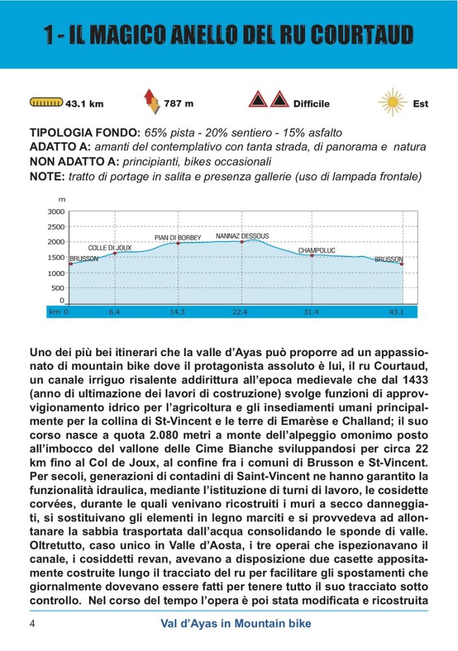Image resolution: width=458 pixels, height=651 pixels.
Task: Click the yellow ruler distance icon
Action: coord(46,103)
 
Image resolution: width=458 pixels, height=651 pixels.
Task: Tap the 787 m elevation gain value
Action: coord(178,103)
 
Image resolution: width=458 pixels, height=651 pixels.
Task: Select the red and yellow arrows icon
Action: coord(150,102)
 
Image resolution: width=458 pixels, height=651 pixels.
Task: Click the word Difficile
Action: coord(311,104)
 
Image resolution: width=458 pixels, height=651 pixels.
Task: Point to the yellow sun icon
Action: coord(392,102)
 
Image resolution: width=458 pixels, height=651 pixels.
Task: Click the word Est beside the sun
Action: coord(420,104)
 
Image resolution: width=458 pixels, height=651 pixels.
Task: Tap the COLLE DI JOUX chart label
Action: coord(110,248)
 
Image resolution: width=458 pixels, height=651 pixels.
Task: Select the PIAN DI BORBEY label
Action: coord(178,238)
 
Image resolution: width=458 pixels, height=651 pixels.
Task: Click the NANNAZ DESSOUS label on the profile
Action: coord(242,236)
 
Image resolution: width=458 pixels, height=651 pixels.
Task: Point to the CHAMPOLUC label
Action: coord(317,251)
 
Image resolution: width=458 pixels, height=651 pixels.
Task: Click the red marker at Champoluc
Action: coord(312,255)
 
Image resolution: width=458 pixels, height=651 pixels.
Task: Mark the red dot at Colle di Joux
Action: coord(115,253)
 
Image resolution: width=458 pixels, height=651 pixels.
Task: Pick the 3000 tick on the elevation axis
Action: coord(57,212)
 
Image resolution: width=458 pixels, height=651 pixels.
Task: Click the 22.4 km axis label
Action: coord(239,312)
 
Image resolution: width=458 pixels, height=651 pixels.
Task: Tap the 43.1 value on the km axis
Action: coord(396,312)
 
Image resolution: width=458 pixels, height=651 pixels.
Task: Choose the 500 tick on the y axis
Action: coord(59,288)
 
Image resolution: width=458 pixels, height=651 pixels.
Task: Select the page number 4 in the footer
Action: coord(32,624)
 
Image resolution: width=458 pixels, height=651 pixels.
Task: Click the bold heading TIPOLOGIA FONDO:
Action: coord(85,133)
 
